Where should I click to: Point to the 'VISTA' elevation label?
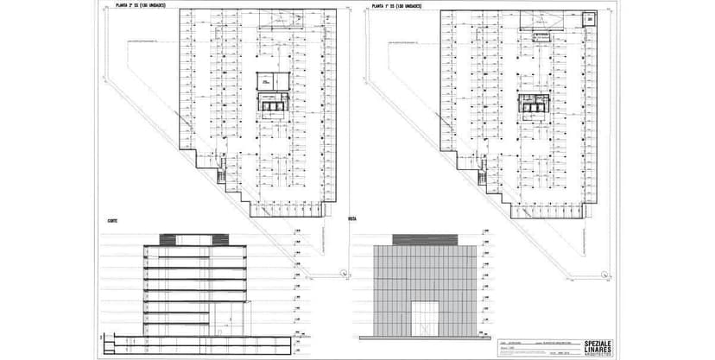point(352,219)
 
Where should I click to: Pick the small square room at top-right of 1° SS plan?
point(589,20)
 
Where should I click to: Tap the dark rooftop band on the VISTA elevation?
point(423,238)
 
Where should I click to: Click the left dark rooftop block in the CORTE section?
point(180,238)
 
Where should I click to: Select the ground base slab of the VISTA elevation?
point(424,338)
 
